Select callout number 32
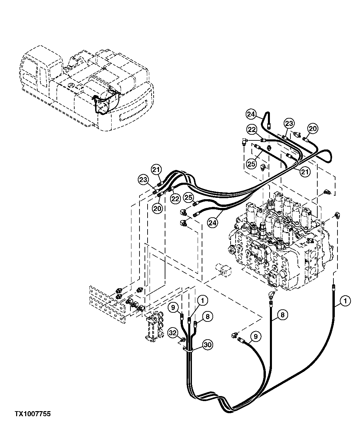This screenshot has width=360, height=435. [173, 333]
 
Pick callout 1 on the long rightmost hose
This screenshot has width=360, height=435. [345, 301]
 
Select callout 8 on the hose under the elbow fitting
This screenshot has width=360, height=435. [283, 315]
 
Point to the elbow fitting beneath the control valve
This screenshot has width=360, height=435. [271, 295]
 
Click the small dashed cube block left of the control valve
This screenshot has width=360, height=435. [222, 269]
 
